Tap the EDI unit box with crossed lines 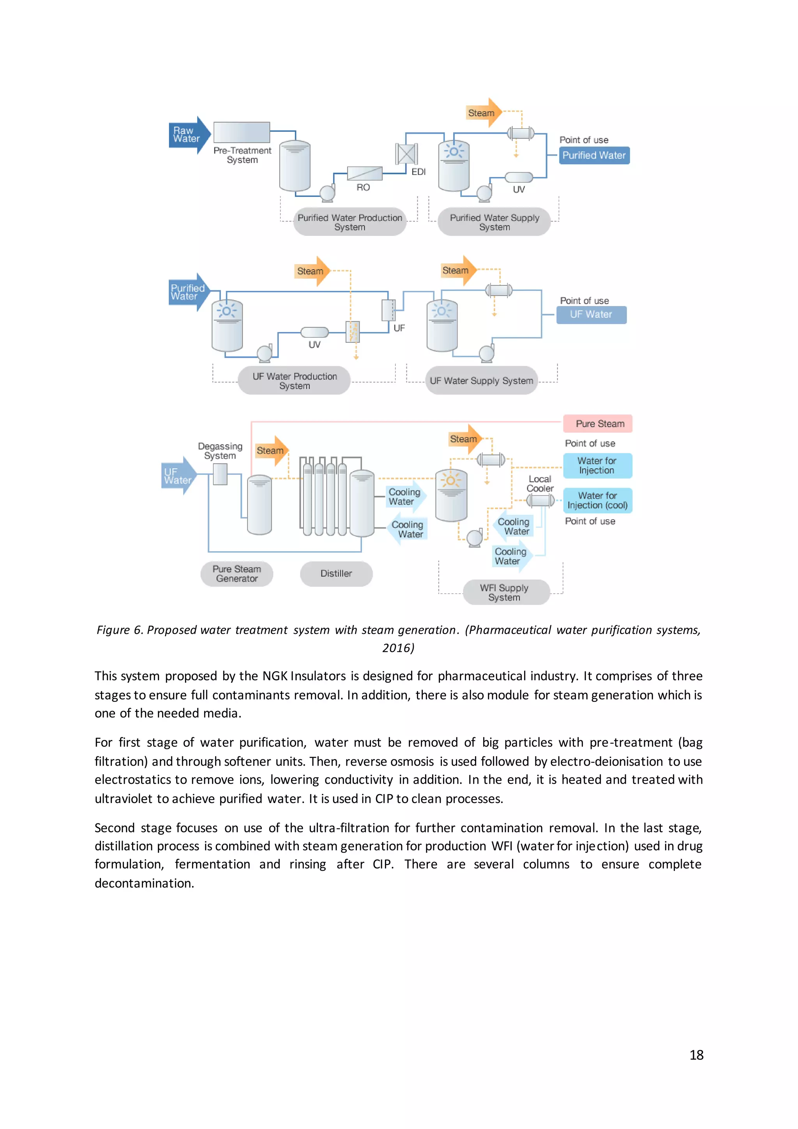pyautogui.click(x=406, y=154)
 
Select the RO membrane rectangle pyautogui.click(x=364, y=173)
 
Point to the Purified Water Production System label pyautogui.click(x=350, y=222)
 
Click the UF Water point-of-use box pyautogui.click(x=591, y=315)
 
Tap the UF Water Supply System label pyautogui.click(x=481, y=380)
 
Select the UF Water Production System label pyautogui.click(x=294, y=380)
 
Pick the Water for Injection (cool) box pyautogui.click(x=597, y=501)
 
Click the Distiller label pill pyautogui.click(x=336, y=573)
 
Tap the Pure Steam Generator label pyautogui.click(x=237, y=574)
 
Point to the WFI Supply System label pyautogui.click(x=505, y=593)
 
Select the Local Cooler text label pyautogui.click(x=540, y=484)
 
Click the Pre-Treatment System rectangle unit pyautogui.click(x=242, y=132)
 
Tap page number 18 pyautogui.click(x=696, y=1055)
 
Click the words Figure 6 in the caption pyautogui.click(x=119, y=630)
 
